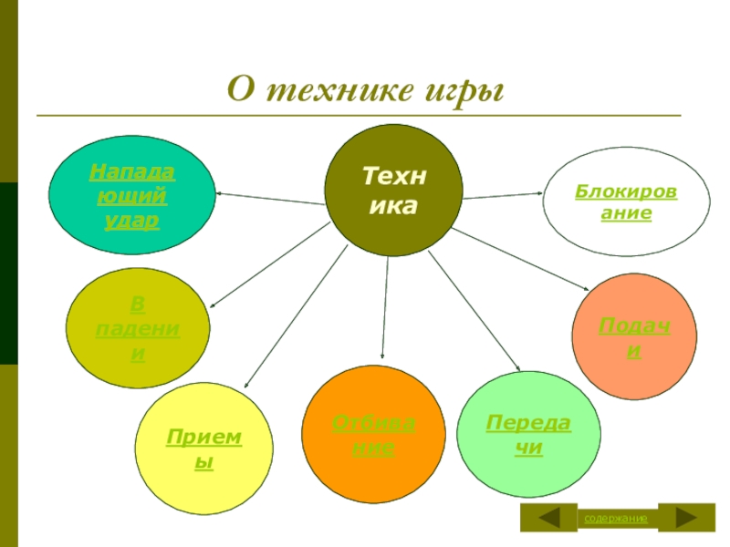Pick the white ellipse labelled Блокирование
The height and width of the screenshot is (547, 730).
613,202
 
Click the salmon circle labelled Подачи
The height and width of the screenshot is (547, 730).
633,335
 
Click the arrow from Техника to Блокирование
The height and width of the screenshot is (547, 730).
502,195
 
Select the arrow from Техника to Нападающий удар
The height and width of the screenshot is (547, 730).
271,197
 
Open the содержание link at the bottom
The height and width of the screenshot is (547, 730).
616,519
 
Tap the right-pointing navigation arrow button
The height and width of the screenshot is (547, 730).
686,518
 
